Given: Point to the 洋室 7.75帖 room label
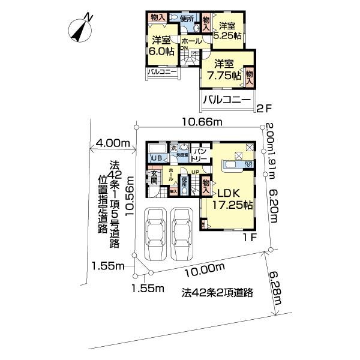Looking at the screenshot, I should pos(222,70).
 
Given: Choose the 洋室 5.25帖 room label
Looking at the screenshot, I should pos(229,31).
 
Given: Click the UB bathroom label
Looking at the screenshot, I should pos(157,158).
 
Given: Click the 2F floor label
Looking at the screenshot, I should pos(264,109).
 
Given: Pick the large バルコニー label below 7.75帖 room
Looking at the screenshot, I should pos(226,100).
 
